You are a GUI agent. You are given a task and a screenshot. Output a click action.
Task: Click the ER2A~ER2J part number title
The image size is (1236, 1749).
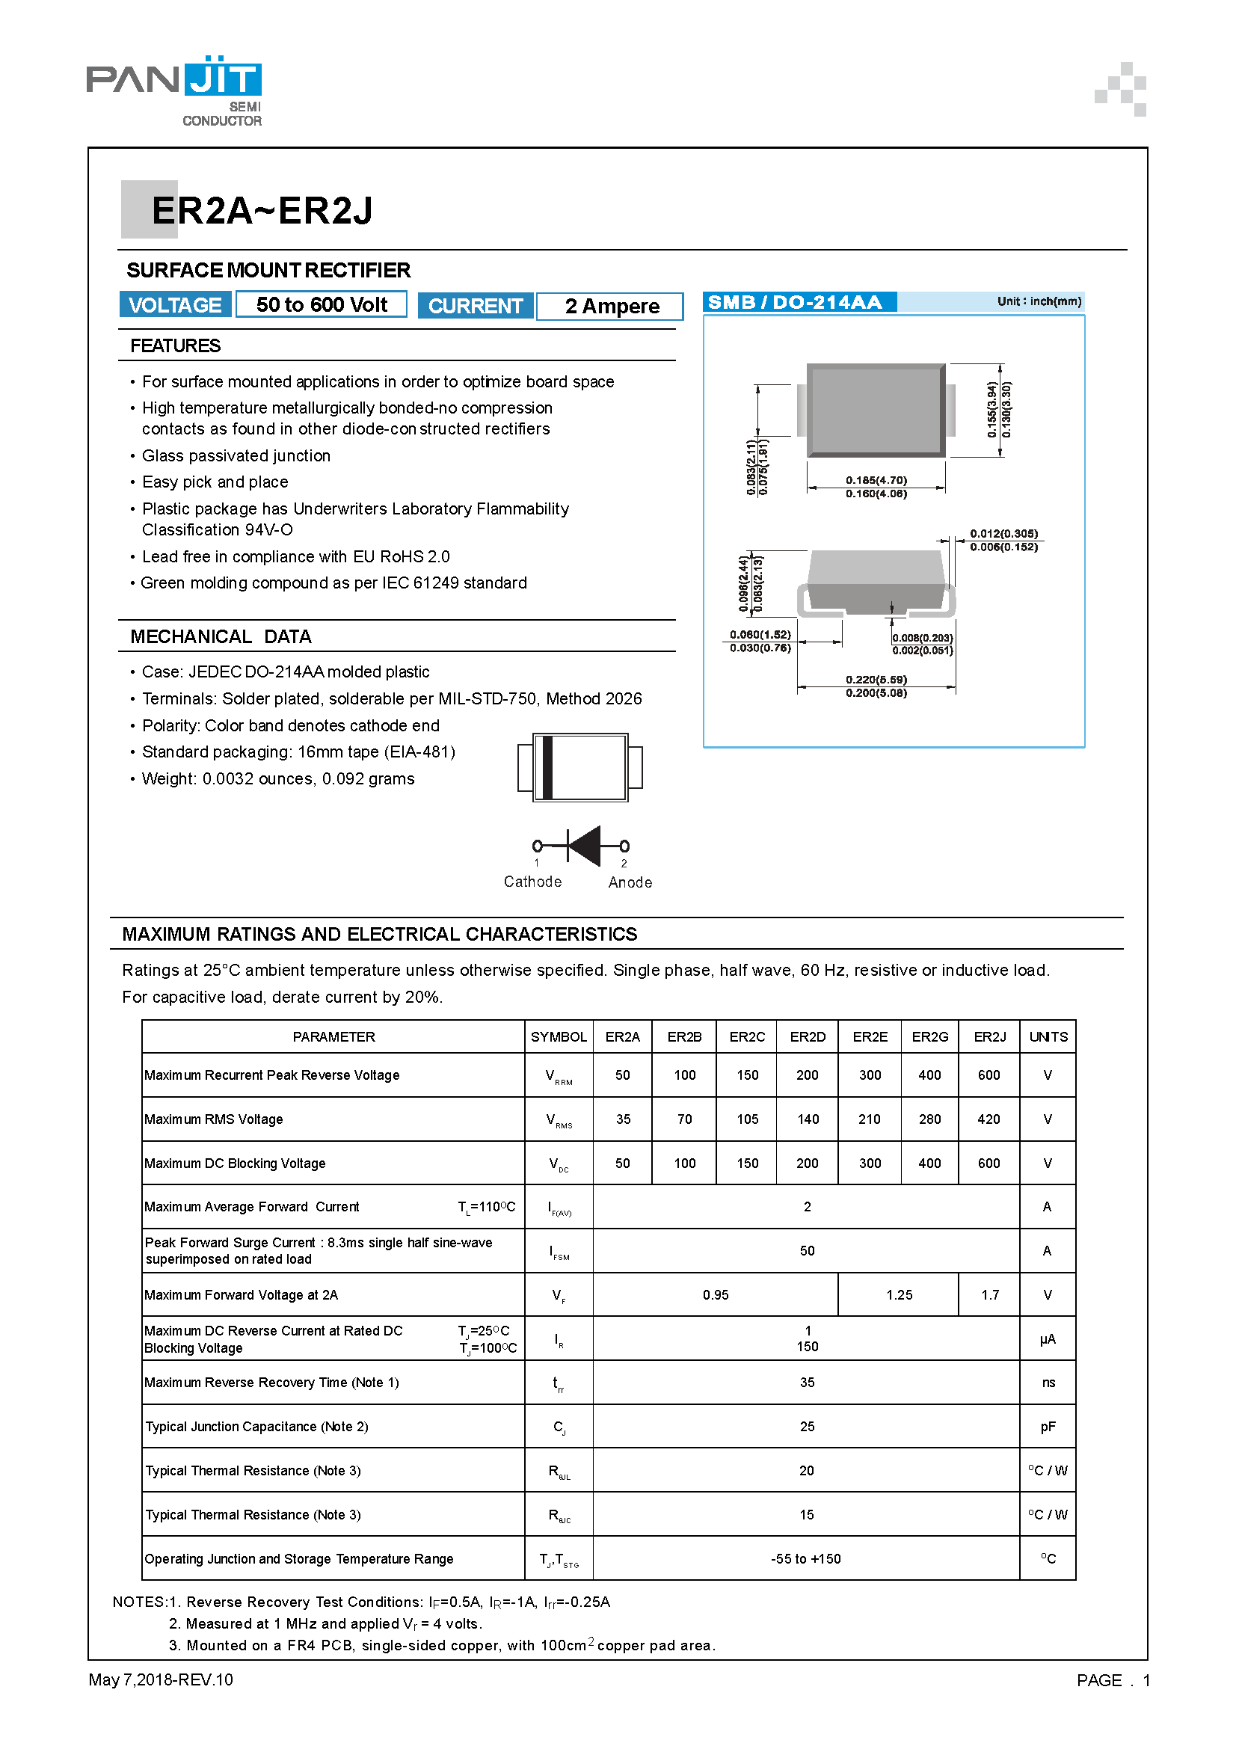[x=261, y=211]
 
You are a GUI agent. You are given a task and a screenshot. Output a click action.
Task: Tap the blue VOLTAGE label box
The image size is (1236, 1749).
[x=174, y=304]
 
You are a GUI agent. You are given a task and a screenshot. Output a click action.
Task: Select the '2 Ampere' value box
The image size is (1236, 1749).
[x=611, y=307]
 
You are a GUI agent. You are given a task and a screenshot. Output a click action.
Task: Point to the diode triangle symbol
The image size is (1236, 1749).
[x=585, y=846]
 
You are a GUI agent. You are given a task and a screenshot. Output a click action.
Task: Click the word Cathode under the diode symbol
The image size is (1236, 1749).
[x=532, y=882]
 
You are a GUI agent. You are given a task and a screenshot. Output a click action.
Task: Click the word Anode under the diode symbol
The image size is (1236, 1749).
[x=630, y=882]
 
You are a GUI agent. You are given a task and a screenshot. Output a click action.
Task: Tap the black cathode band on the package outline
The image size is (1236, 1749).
[x=546, y=767]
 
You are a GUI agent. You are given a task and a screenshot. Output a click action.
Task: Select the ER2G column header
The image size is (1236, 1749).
[x=929, y=1036]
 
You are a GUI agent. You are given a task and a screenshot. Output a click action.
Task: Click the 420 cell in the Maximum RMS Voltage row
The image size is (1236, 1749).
[x=989, y=1119]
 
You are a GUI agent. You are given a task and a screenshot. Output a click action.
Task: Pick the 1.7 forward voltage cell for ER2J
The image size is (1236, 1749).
[x=989, y=1295]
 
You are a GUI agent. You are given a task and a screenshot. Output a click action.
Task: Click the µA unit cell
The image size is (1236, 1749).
[x=1047, y=1339]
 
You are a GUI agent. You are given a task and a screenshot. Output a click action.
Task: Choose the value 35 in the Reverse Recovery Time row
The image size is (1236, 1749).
[x=807, y=1383]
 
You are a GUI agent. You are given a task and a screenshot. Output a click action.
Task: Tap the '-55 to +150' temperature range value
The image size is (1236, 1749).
[x=806, y=1558]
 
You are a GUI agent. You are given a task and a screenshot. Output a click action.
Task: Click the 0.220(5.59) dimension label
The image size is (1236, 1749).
[x=876, y=680]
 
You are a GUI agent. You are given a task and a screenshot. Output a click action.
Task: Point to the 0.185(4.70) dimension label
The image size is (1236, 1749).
[x=876, y=480]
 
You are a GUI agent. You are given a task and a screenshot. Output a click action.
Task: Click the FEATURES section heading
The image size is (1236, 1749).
[x=175, y=346]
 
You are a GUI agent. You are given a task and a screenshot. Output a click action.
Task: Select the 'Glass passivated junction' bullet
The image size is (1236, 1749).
[x=236, y=455]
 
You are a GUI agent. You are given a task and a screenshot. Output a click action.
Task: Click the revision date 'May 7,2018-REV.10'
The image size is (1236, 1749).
[x=161, y=1679]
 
